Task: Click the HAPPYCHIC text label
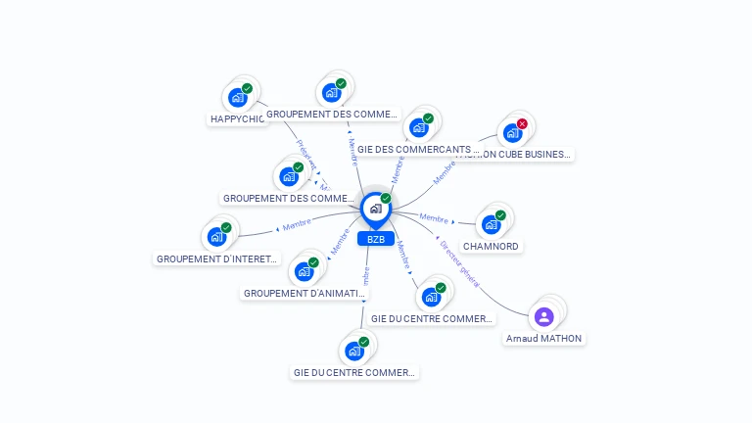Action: [x=238, y=119]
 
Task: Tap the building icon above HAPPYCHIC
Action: [x=237, y=97]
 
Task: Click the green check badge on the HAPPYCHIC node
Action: [x=248, y=88]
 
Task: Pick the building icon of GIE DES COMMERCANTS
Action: [x=419, y=127]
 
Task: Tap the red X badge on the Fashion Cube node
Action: [x=522, y=124]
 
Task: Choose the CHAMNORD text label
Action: [x=491, y=246]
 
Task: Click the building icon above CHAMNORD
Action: [x=491, y=223]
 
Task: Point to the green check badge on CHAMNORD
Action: [x=500, y=215]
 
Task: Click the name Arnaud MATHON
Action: [x=543, y=339]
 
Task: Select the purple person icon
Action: [x=544, y=316]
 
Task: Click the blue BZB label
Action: [x=375, y=239]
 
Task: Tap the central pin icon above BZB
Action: [x=375, y=209]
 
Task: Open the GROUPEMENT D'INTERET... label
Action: [x=217, y=259]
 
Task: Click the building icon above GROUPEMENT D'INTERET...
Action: [x=216, y=236]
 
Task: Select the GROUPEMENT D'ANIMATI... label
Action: [x=297, y=293]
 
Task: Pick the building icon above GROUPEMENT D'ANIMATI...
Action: [x=304, y=270]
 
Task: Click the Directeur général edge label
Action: [x=459, y=263]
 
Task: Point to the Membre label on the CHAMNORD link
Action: [x=434, y=217]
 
